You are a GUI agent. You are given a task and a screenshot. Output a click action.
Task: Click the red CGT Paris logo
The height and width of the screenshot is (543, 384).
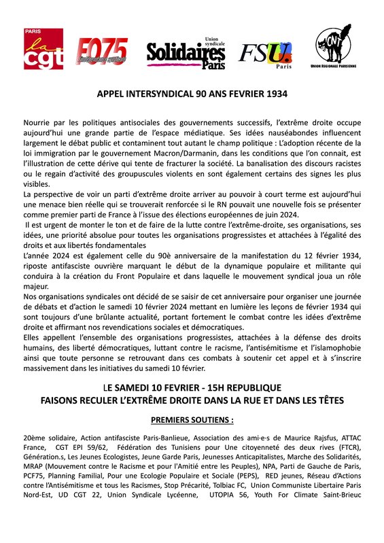[40, 50]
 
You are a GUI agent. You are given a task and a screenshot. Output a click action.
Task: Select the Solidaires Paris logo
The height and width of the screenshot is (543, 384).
[186, 52]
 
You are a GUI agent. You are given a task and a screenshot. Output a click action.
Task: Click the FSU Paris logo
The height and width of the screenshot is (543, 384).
[264, 54]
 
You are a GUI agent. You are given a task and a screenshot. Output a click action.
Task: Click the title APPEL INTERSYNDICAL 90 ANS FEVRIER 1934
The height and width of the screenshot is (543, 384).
[192, 97]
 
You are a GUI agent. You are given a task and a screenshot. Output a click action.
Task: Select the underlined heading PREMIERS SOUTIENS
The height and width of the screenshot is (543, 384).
[191, 419]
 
